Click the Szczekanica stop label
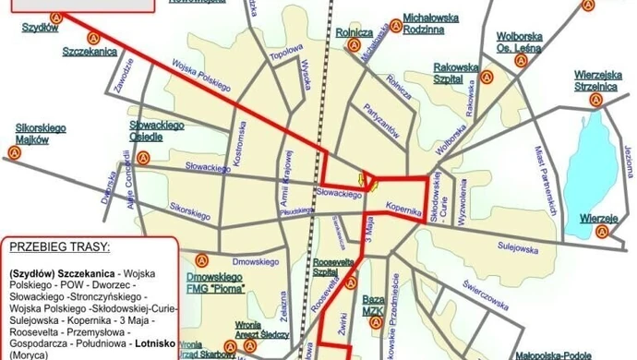pos(90,53)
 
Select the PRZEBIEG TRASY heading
pos(57,248)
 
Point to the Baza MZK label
pos(373,306)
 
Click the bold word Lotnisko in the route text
pos(130,342)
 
